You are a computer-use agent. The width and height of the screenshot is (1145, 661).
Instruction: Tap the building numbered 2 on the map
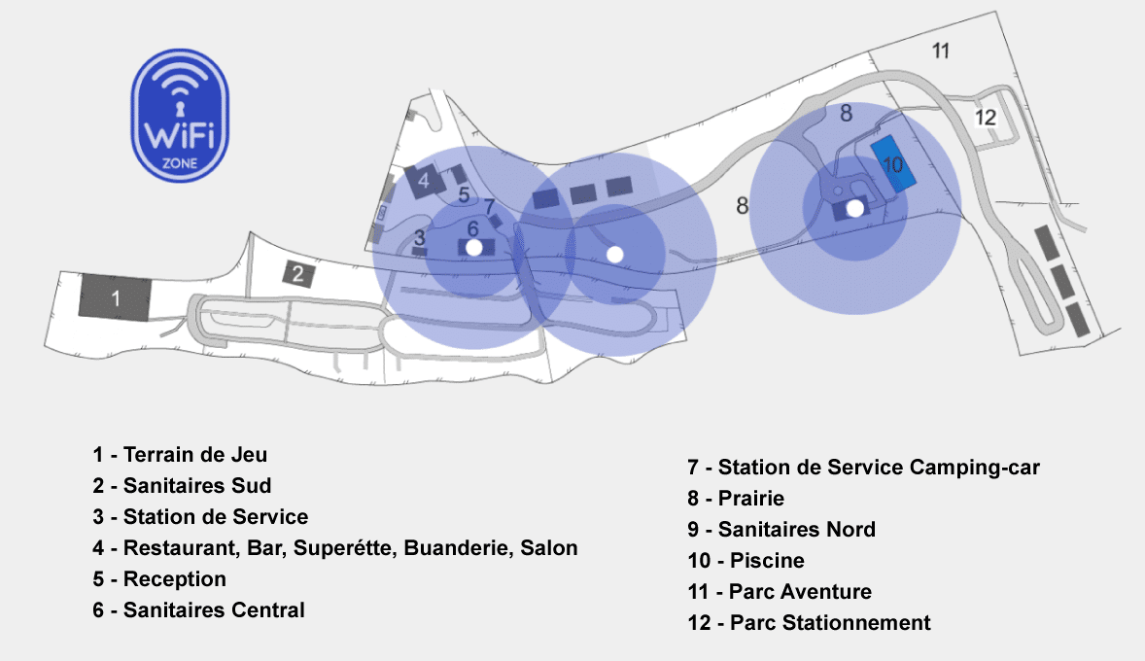299,274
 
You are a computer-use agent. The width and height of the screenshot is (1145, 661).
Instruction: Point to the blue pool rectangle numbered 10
893,163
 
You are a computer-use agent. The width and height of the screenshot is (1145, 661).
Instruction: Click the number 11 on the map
940,52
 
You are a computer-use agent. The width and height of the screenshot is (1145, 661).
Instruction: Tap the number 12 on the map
986,118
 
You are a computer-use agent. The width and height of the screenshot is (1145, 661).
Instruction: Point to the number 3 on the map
420,236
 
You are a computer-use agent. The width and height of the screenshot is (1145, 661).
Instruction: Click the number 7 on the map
489,206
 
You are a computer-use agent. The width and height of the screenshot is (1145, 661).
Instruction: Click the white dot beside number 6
473,248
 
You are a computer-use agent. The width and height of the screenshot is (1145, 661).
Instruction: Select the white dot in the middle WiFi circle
614,254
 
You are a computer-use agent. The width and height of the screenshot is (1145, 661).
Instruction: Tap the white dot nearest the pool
854,208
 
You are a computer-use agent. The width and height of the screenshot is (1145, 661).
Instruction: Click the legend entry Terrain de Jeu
180,454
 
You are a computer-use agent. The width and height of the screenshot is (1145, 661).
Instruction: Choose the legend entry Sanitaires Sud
182,485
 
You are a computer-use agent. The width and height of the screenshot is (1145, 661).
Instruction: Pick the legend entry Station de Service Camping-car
863,468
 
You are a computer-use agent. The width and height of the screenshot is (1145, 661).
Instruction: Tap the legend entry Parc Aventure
780,592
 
